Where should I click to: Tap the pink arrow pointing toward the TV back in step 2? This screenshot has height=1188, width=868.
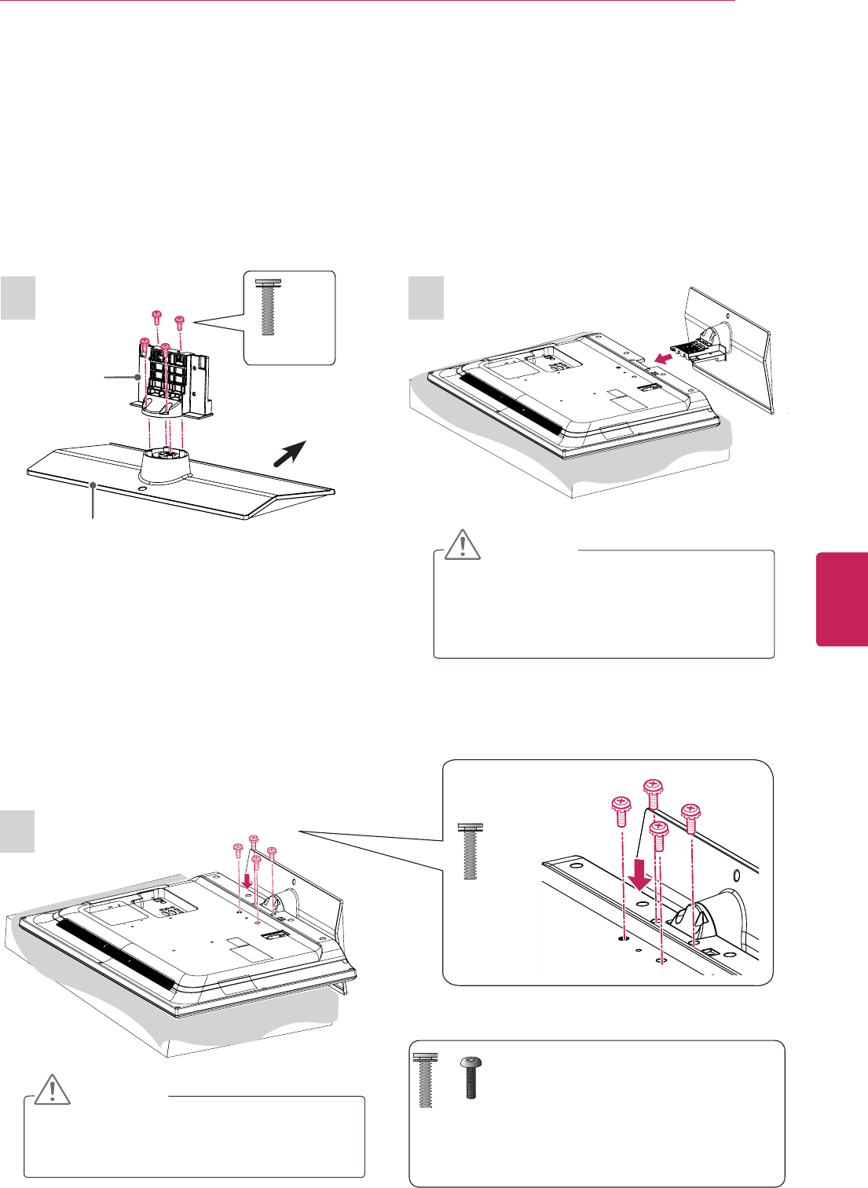coord(662,359)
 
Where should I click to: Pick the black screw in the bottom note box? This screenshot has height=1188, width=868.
coord(471,1077)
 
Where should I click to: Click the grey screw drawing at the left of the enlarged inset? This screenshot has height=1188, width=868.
coord(471,851)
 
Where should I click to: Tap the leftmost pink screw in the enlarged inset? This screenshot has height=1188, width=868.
coord(621,809)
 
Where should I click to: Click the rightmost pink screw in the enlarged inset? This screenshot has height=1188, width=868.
coord(690,816)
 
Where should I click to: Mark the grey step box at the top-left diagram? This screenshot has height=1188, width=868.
coord(18,298)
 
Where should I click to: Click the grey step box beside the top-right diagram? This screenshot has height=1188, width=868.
coord(427,298)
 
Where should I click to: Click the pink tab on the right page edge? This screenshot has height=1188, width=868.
coord(841,599)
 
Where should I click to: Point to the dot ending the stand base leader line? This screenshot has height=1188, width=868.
coord(93,487)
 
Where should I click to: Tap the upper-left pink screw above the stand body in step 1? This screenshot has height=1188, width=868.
coord(156,316)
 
